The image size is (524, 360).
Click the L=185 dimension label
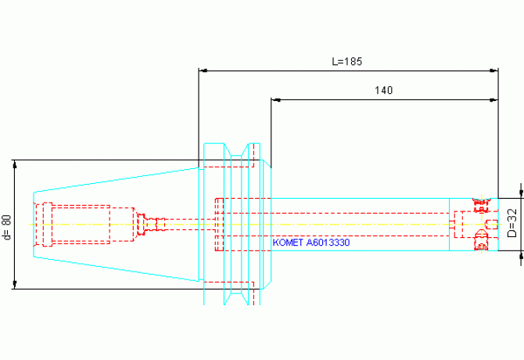(x=347, y=61)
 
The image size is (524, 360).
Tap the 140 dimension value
(x=383, y=90)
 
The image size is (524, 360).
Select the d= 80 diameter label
(x=7, y=227)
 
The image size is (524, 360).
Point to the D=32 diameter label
(x=511, y=223)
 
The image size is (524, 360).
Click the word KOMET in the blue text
(x=288, y=243)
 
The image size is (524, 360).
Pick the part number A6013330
(x=328, y=243)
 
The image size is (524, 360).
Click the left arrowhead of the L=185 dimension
(x=203, y=70)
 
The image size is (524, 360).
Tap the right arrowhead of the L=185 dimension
(x=494, y=70)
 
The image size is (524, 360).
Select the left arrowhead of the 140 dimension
(x=275, y=99)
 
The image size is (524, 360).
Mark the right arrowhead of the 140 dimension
(x=494, y=99)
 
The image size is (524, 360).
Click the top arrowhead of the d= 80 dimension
(x=14, y=164)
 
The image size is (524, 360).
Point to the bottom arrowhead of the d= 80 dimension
(x=14, y=284)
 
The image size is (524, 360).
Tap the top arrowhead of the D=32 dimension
(x=521, y=193)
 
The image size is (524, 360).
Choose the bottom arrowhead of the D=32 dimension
(x=521, y=255)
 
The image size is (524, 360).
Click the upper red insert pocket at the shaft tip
(x=481, y=204)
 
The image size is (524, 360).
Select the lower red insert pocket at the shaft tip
(x=481, y=240)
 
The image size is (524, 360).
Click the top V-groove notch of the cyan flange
(x=236, y=149)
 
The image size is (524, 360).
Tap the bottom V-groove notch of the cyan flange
(x=236, y=299)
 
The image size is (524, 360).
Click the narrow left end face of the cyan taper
(x=34, y=225)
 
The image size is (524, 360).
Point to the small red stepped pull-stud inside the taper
(x=151, y=223)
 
